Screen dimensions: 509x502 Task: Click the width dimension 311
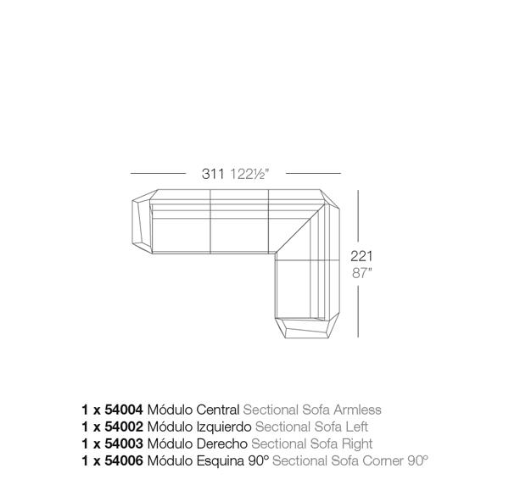(213, 174)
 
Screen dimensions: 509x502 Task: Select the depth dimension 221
(361, 256)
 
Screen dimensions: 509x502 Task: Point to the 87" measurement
(361, 273)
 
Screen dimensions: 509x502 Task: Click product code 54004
(124, 410)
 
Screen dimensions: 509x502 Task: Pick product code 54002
(124, 427)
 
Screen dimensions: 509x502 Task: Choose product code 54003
(124, 443)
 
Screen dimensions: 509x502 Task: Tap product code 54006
(124, 460)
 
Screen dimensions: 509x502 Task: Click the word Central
(218, 410)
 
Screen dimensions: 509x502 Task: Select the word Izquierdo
(224, 427)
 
